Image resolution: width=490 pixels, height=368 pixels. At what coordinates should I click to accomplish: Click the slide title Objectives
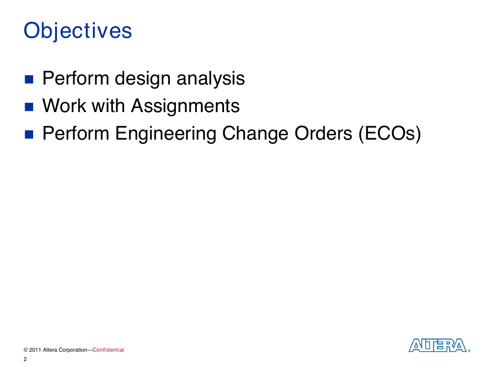point(77,31)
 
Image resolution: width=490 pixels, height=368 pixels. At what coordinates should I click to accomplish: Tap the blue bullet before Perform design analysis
point(29,79)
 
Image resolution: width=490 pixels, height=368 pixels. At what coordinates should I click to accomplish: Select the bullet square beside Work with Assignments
point(29,107)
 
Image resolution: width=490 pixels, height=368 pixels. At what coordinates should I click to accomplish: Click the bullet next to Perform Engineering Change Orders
point(29,134)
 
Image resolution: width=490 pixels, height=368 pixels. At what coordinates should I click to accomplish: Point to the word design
point(142,78)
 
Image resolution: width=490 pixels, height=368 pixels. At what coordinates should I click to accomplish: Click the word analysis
point(210,78)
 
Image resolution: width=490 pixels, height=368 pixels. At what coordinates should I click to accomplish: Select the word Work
point(64,106)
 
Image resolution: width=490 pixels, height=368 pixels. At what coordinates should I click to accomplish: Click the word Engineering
point(166,134)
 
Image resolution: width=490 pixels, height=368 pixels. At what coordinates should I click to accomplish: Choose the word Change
point(255,134)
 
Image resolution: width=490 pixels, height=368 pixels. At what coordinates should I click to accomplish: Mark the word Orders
point(323,133)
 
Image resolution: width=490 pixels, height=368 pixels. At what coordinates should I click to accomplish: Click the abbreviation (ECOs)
point(390,134)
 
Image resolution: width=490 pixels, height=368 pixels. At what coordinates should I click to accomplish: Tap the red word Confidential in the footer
point(108,350)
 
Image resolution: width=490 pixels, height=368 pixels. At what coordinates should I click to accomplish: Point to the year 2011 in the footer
point(35,350)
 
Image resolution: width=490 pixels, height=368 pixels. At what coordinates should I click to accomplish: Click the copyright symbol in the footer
point(26,350)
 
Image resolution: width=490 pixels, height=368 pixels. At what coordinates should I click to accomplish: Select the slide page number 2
point(25,359)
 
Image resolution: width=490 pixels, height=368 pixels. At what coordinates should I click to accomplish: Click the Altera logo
point(439,346)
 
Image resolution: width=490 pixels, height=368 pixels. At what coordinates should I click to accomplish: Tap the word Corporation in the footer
point(73,350)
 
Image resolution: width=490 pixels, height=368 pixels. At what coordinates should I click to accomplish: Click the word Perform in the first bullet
point(76,78)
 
